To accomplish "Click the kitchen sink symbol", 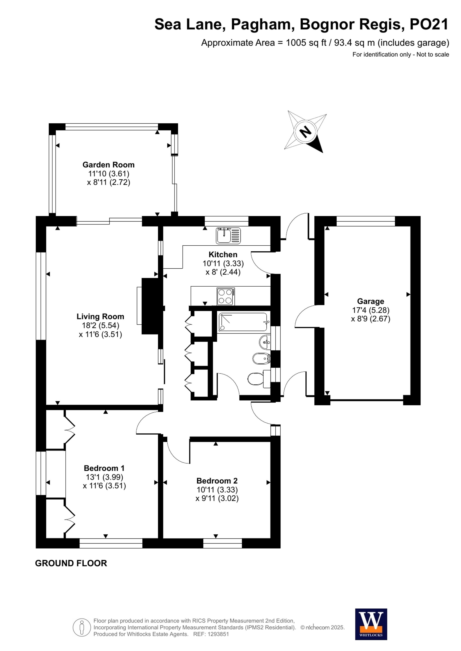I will [x=228, y=236].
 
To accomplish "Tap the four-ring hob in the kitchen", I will [x=226, y=296].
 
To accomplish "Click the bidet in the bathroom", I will [x=260, y=359].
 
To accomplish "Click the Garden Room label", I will [x=108, y=165].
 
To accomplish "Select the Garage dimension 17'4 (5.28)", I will [x=371, y=310].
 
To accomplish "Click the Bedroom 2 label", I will [x=217, y=481].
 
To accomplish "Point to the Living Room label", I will [x=100, y=317].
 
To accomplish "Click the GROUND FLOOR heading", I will [x=71, y=563].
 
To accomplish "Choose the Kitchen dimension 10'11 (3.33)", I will [x=223, y=263].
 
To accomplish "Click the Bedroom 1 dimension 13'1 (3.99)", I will [x=104, y=477].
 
